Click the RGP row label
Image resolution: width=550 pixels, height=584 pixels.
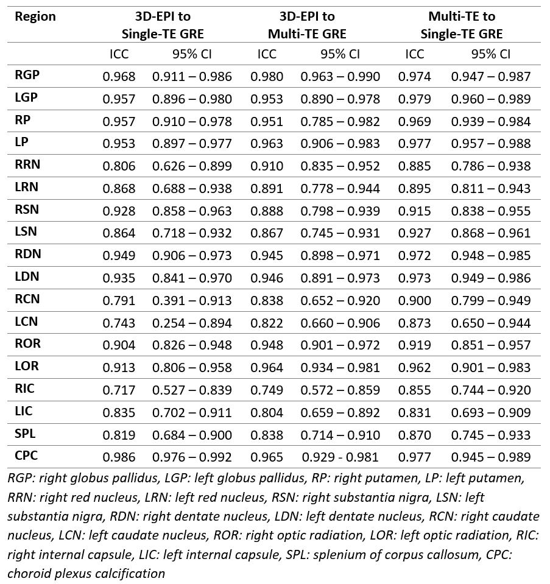pyautogui.click(x=27, y=76)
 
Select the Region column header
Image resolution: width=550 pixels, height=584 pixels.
pyautogui.click(x=35, y=16)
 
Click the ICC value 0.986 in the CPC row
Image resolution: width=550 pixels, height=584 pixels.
pyautogui.click(x=119, y=457)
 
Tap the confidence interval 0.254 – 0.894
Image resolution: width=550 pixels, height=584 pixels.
pyautogui.click(x=192, y=323)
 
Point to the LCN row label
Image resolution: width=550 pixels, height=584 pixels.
pyautogui.click(x=27, y=322)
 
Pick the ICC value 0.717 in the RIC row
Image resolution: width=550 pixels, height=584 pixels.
pyautogui.click(x=119, y=390)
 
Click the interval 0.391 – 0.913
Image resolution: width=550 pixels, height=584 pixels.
pyautogui.click(x=192, y=300)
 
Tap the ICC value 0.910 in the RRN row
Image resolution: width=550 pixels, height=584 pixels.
pyautogui.click(x=267, y=166)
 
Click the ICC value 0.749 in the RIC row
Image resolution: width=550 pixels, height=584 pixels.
pyautogui.click(x=267, y=390)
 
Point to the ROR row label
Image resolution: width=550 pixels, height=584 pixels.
pyautogui.click(x=27, y=343)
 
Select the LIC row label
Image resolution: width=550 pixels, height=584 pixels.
pyautogui.click(x=24, y=411)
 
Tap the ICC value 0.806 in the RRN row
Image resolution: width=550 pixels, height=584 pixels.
pyautogui.click(x=119, y=166)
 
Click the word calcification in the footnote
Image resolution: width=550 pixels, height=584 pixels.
pyautogui.click(x=135, y=573)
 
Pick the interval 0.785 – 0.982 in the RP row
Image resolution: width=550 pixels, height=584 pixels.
pyautogui.click(x=340, y=121)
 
